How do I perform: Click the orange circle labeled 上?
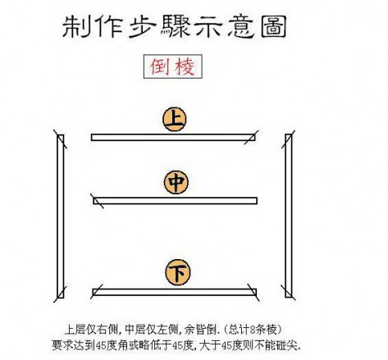point(175,119)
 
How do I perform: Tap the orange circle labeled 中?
point(176,182)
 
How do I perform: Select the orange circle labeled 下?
point(178,272)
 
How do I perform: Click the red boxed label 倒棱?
point(173,66)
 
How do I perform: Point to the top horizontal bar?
point(173,137)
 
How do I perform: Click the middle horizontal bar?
point(175,201)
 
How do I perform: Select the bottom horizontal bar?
point(175,292)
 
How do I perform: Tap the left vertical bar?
point(61,216)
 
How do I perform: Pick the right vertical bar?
point(289,216)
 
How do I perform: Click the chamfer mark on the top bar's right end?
point(251,137)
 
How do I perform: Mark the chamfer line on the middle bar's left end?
point(97,201)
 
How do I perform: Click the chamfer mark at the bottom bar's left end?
point(97,291)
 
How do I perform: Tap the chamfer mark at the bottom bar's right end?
point(253,293)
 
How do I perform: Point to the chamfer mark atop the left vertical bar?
point(60,139)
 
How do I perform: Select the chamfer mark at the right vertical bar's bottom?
point(289,293)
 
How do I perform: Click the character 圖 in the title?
point(274,26)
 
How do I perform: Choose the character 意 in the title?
point(241,26)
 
